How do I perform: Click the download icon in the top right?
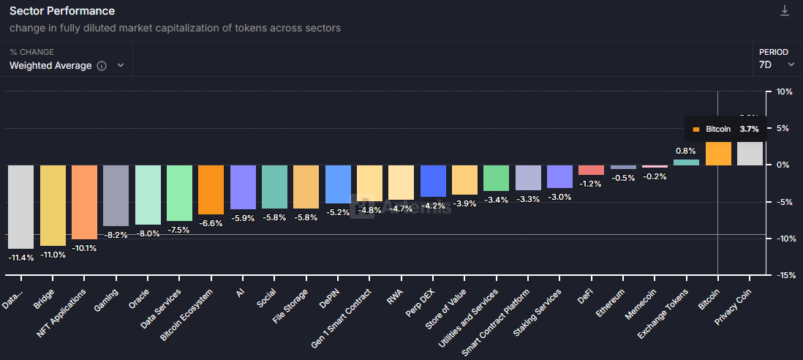point(785,10)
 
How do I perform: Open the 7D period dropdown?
point(777,64)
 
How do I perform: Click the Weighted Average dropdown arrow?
point(121,65)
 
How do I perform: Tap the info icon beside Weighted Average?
point(102,66)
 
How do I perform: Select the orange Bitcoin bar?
point(718,153)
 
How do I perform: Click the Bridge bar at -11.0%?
point(53,205)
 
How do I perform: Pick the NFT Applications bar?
point(84,201)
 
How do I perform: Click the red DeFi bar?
point(591,170)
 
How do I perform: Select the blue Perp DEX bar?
point(433,181)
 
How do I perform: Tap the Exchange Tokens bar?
point(686,162)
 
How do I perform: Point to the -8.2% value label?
point(116,235)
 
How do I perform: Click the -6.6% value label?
point(211,223)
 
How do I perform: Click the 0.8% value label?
point(685,151)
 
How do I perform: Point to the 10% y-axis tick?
point(784,91)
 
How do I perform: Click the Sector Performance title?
point(61,11)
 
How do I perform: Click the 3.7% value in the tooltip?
point(749,129)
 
